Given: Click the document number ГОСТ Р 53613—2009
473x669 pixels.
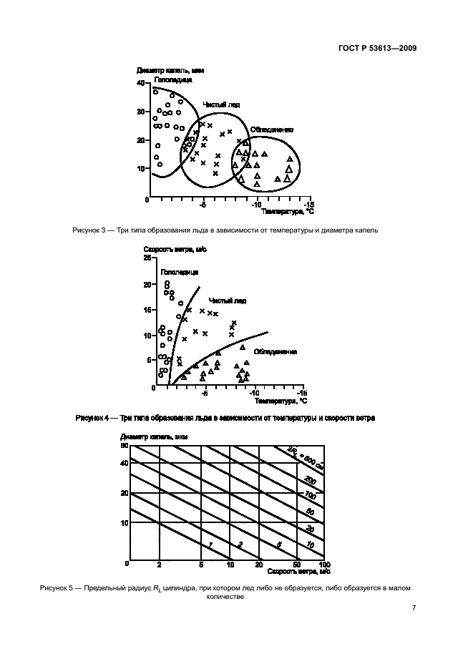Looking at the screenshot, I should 378,49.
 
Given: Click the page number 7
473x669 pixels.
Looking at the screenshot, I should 414,607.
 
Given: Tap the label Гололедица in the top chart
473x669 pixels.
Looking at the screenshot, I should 169,79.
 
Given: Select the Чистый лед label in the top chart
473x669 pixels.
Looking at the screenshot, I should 220,104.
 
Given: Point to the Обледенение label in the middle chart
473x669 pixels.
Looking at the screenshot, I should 275,352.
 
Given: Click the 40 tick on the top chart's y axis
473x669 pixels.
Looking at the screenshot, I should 140,84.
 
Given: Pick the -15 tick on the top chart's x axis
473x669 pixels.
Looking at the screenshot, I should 307,203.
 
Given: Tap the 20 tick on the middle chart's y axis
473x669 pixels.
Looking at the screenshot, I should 147,285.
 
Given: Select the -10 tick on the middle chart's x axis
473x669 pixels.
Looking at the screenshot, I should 253,393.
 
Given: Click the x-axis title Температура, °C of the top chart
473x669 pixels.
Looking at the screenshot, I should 288,212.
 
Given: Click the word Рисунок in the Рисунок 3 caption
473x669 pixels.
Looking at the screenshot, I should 89,230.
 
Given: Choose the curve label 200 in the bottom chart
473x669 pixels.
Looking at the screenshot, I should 310,479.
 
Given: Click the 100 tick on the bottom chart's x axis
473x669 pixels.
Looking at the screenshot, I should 323,565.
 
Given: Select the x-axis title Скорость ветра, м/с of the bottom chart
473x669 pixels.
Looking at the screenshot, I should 299,572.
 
